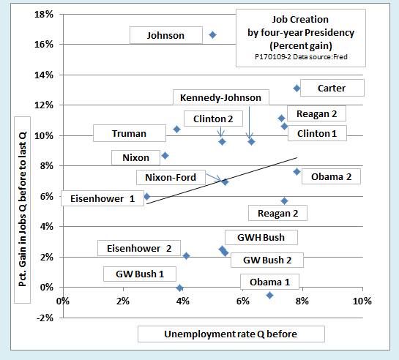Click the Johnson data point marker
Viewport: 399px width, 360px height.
pos(213,35)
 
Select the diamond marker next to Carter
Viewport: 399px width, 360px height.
pos(297,89)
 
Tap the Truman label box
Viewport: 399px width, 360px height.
pos(130,133)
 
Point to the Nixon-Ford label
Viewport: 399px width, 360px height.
pos(171,177)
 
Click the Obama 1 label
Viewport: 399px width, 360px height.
pos(269,282)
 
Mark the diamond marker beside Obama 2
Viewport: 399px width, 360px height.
pos(297,172)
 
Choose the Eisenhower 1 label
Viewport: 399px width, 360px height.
pos(102,198)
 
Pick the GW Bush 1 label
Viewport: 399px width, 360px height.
pos(140,274)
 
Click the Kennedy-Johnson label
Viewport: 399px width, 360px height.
pos(221,97)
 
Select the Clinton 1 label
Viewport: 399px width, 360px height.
pos(317,133)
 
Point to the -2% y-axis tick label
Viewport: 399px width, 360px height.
pos(45,318)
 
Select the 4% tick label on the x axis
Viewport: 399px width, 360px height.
pos(183,301)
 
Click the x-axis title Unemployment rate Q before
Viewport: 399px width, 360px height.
pos(231,334)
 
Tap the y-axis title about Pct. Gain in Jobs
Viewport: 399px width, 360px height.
pos(23,209)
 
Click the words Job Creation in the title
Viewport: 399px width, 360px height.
pos(300,19)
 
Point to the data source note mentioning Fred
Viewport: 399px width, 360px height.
pos(301,56)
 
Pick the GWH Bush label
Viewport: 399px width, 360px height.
pos(261,238)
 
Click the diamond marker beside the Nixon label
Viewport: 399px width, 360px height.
pos(165,156)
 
